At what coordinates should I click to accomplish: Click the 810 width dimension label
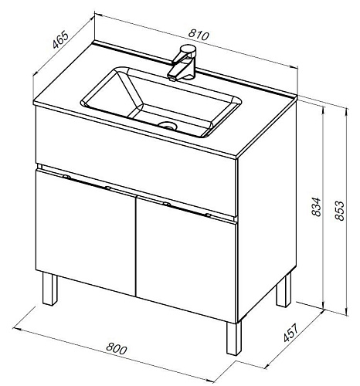point(198,35)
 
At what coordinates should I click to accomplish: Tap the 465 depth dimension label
point(61,40)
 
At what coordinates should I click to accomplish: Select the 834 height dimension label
point(315,206)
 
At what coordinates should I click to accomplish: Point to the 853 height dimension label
point(339,210)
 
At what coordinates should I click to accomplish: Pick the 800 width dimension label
point(117,349)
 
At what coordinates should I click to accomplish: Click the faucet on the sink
point(182,63)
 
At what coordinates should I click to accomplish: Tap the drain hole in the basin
point(168,125)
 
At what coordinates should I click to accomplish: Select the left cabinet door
point(86,232)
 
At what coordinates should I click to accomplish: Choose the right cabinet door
point(186,259)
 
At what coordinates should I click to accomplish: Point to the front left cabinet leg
point(50,289)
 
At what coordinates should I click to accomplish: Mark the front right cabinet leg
point(234,338)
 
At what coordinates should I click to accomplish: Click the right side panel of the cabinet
point(267,212)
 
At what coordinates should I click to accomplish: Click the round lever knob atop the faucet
point(188,49)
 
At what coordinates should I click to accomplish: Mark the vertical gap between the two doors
point(136,246)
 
